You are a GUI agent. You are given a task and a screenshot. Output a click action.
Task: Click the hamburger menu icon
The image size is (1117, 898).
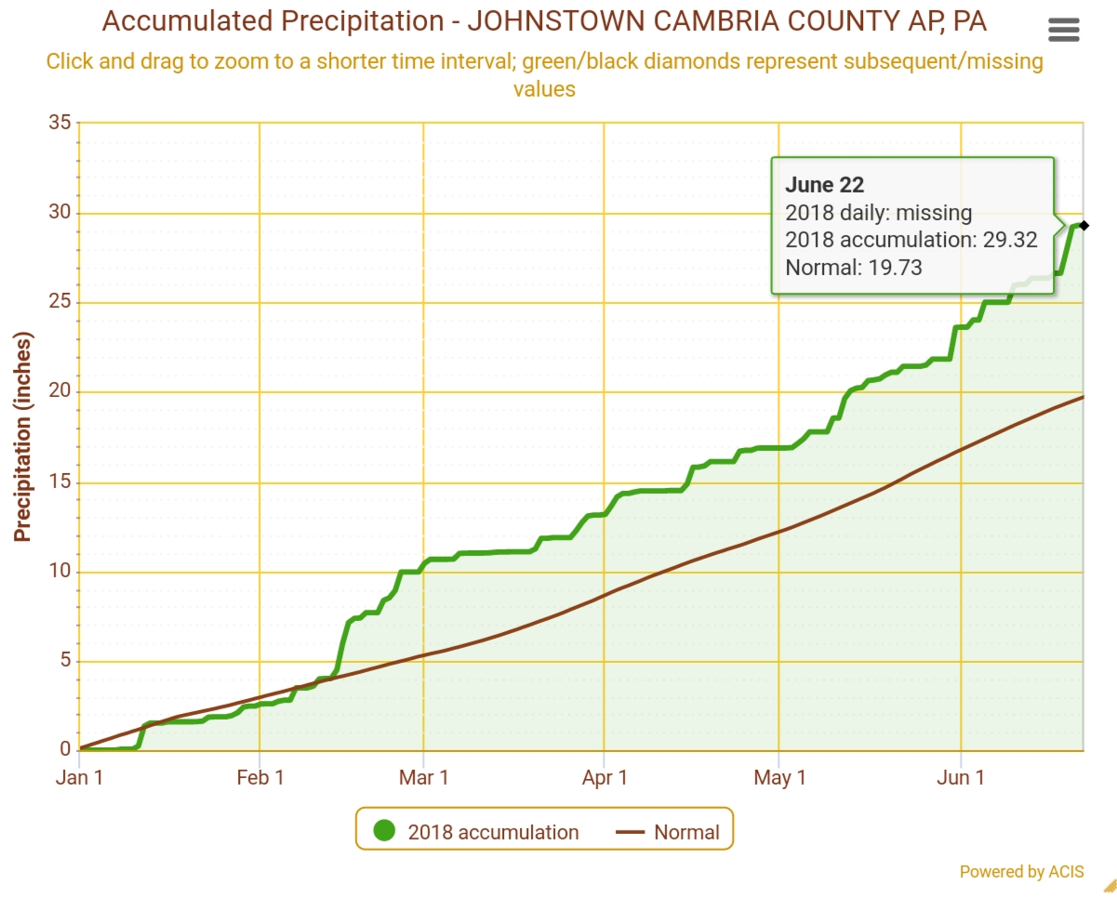[x=1063, y=30]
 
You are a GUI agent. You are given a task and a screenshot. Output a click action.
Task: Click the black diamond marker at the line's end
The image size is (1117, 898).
[x=1084, y=225]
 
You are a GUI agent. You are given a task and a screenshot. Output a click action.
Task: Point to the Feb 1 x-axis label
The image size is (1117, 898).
[x=259, y=777]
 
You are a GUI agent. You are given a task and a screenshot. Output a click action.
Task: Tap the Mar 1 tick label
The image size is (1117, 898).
[x=423, y=777]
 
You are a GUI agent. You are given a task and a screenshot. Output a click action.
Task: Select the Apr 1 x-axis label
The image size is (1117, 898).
[x=605, y=777]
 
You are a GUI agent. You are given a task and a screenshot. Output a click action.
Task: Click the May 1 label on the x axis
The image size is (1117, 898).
[x=779, y=777]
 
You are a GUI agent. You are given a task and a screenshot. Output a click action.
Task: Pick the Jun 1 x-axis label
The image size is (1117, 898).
[x=960, y=777]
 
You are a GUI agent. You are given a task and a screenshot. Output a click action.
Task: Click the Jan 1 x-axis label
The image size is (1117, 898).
[x=79, y=777]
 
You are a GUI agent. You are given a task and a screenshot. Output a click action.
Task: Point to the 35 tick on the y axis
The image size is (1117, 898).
[x=60, y=123]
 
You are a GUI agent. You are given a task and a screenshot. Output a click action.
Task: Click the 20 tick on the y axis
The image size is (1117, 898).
[x=60, y=391]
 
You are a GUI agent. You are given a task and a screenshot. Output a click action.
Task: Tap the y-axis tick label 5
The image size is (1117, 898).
[x=65, y=661]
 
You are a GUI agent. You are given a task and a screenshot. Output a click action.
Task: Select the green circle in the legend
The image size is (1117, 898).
[x=383, y=831]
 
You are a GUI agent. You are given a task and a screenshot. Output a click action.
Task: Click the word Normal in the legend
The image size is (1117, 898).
[x=686, y=832]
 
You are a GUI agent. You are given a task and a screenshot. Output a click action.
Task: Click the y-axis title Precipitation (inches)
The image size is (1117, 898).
[x=22, y=436]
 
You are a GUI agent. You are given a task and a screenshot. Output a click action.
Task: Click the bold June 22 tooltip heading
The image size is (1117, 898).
[x=824, y=185]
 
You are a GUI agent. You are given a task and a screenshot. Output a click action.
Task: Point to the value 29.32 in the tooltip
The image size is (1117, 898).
[x=1010, y=240]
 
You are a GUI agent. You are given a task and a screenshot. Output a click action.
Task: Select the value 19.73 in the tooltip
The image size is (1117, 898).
[x=895, y=268]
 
